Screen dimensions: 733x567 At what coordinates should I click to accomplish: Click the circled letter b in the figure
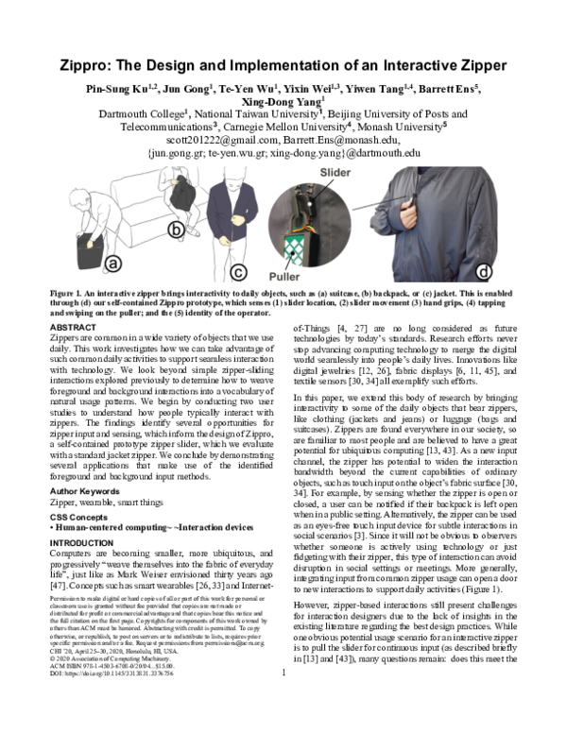174,229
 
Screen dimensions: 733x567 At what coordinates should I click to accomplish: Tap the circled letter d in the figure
485,273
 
